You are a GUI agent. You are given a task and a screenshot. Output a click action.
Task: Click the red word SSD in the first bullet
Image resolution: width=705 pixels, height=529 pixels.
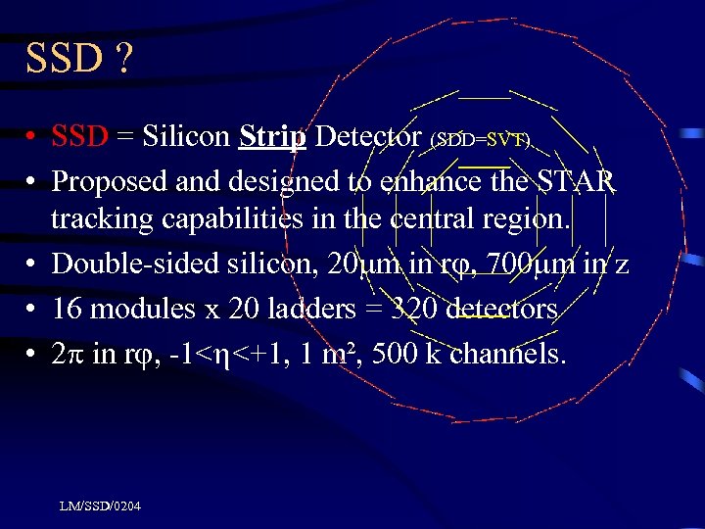pos(79,137)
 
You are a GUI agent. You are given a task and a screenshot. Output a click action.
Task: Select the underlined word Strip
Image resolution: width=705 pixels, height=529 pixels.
pos(272,137)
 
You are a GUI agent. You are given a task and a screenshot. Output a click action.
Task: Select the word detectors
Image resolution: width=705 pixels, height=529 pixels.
pos(501,309)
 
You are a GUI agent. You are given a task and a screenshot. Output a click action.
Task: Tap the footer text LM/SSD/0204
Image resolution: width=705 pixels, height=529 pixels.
pos(99,506)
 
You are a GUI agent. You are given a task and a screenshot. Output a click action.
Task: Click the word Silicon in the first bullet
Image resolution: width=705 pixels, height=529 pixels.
pos(186,137)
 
